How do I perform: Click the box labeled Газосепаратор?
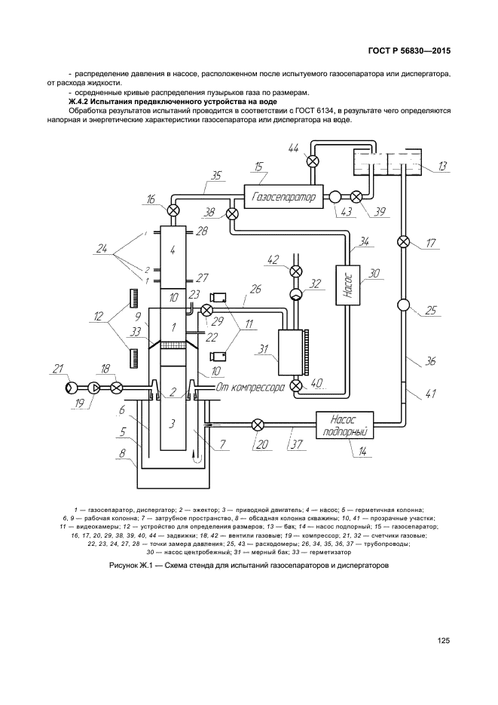pyautogui.click(x=283, y=197)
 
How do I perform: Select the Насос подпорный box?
pyautogui.click(x=345, y=425)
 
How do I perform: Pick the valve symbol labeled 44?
pyautogui.click(x=311, y=161)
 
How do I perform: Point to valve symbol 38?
pyautogui.click(x=232, y=213)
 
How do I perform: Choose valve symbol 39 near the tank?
pyautogui.click(x=356, y=197)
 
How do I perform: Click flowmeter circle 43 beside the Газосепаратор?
pyautogui.click(x=335, y=197)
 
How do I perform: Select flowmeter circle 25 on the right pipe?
pyautogui.click(x=403, y=305)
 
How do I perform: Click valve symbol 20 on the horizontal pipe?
pyautogui.click(x=258, y=425)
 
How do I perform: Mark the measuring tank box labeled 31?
pyautogui.click(x=290, y=353)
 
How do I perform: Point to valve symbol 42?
pyautogui.click(x=295, y=271)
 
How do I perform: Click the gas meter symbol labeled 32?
pyautogui.click(x=295, y=293)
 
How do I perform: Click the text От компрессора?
pyautogui.click(x=250, y=387)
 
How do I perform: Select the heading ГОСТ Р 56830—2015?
pyautogui.click(x=409, y=51)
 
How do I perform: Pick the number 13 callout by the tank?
pyautogui.click(x=441, y=167)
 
